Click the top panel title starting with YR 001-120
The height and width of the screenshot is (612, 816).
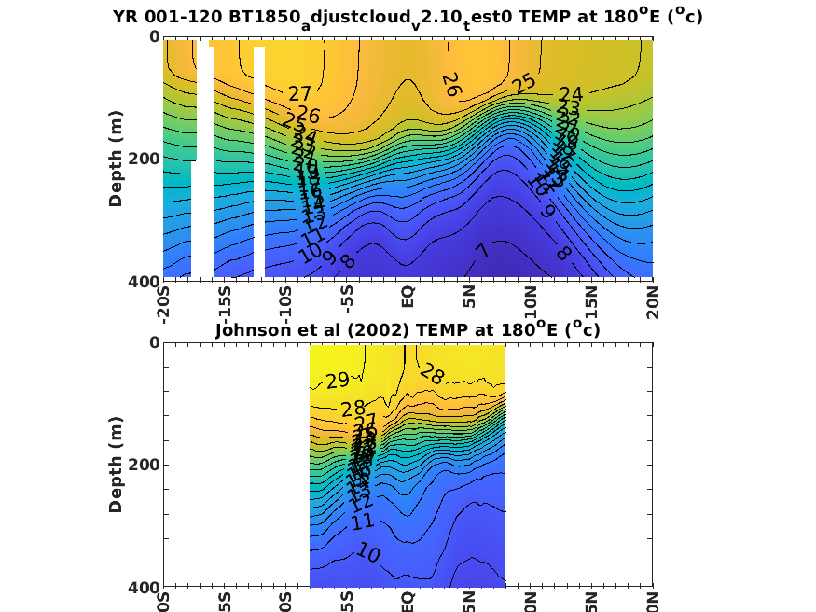pos(408,17)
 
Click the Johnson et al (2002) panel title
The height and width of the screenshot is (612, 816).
pos(408,329)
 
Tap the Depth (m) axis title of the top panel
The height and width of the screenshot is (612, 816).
pos(117,159)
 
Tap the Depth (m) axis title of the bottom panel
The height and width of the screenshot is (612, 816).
pos(117,465)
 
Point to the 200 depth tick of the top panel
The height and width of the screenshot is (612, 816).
pos(146,159)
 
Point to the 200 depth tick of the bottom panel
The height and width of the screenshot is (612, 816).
pos(146,465)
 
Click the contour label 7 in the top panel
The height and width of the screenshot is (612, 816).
pos(481,251)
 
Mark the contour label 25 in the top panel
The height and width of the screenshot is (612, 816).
pos(524,83)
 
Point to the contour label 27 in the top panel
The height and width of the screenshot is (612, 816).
pos(299,94)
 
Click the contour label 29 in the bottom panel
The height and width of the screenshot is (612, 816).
pos(337,381)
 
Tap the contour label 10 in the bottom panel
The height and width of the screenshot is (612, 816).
pos(367,553)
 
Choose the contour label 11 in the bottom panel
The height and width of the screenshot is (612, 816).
pos(364,522)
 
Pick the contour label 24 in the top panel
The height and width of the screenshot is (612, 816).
pos(571,95)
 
